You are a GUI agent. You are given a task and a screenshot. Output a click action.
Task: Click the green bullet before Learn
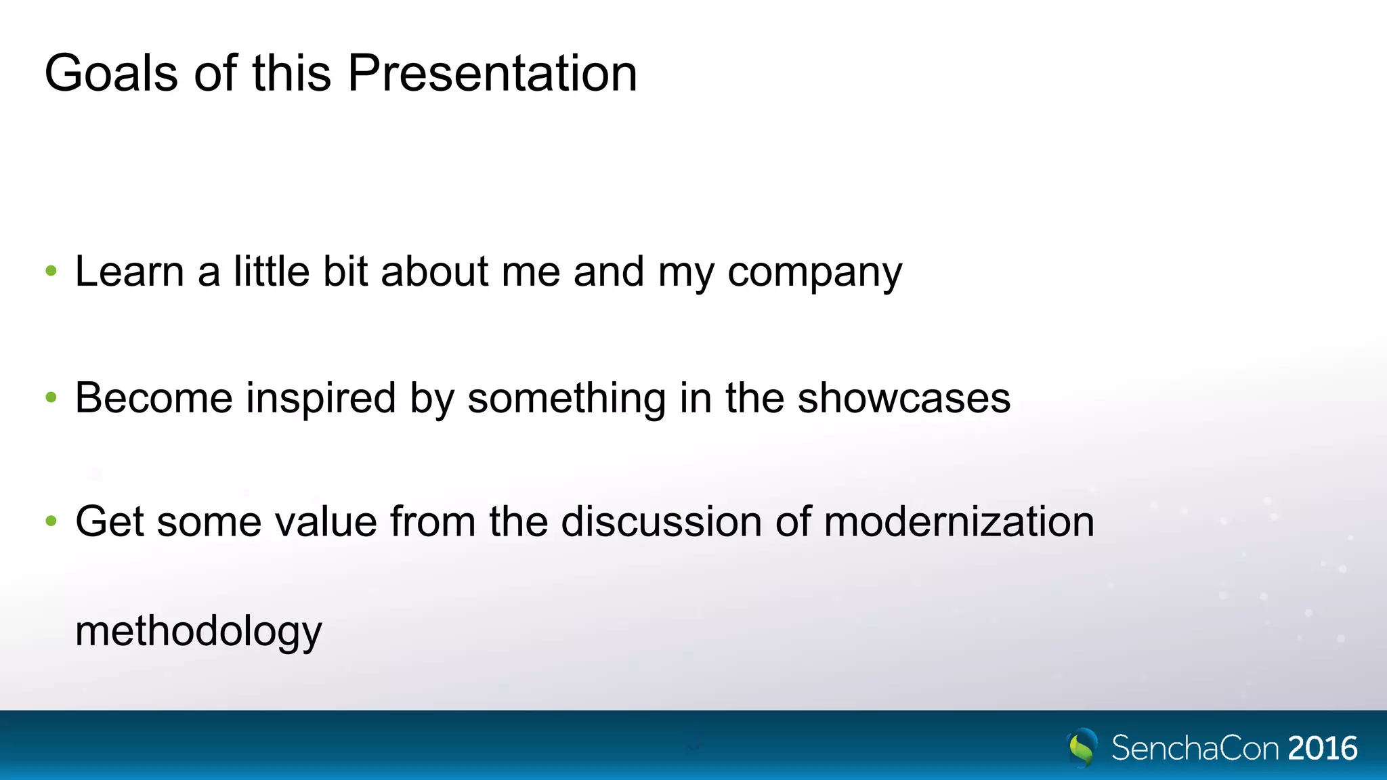pyautogui.click(x=51, y=272)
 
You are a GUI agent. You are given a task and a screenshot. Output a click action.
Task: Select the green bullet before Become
pyautogui.click(x=51, y=397)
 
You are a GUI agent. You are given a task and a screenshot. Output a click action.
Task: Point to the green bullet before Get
pyautogui.click(x=51, y=521)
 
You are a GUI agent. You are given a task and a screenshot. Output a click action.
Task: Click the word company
pyautogui.click(x=814, y=273)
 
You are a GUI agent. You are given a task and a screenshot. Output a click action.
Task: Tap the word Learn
pyautogui.click(x=129, y=272)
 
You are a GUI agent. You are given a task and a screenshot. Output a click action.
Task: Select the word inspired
pyautogui.click(x=321, y=398)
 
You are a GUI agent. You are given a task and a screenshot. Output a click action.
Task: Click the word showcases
pyautogui.click(x=903, y=397)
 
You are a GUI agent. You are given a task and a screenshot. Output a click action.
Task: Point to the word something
pyautogui.click(x=566, y=398)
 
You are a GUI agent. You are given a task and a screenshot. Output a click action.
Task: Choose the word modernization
pyautogui.click(x=959, y=521)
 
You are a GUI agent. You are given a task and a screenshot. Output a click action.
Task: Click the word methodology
pyautogui.click(x=198, y=632)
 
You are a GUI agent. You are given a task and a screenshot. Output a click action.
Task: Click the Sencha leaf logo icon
pyautogui.click(x=1082, y=747)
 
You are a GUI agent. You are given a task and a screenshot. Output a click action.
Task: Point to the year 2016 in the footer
pyautogui.click(x=1322, y=748)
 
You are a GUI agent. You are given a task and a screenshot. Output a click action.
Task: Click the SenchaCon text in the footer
pyautogui.click(x=1195, y=748)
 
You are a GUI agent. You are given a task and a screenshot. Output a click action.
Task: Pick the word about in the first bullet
pyautogui.click(x=435, y=272)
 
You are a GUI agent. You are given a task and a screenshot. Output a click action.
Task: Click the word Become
pyautogui.click(x=154, y=397)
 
